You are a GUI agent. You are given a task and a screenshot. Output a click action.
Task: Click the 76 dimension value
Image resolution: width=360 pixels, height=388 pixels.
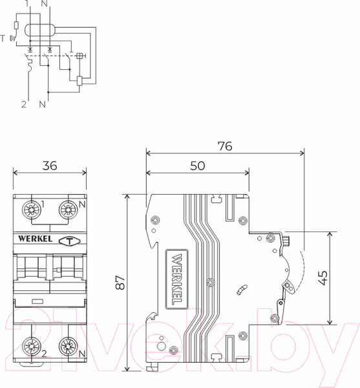tap(224, 146)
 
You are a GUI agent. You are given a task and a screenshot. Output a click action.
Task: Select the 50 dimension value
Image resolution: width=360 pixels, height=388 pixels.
tap(198, 166)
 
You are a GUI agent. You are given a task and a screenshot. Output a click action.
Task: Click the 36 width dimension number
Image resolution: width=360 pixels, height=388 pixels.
tap(50, 166)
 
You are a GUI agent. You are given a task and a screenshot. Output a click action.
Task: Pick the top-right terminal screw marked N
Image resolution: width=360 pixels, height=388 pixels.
tap(68, 210)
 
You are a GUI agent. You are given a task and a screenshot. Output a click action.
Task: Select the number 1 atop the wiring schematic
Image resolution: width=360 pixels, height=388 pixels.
tap(26, 4)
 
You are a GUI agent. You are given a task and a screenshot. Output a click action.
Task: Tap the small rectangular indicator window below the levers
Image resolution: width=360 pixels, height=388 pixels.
tap(37, 301)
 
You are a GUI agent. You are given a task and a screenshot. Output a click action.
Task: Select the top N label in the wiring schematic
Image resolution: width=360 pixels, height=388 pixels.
tap(44, 4)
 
